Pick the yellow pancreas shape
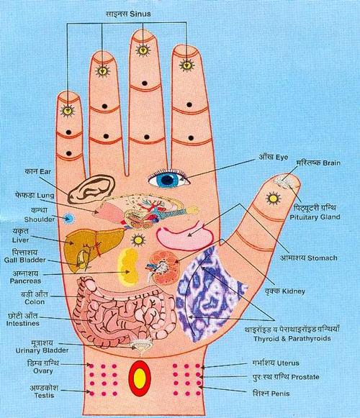click(130, 263)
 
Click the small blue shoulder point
click(70, 217)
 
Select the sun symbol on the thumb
click(274, 196)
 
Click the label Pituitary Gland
click(309, 216)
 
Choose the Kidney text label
click(310, 292)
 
